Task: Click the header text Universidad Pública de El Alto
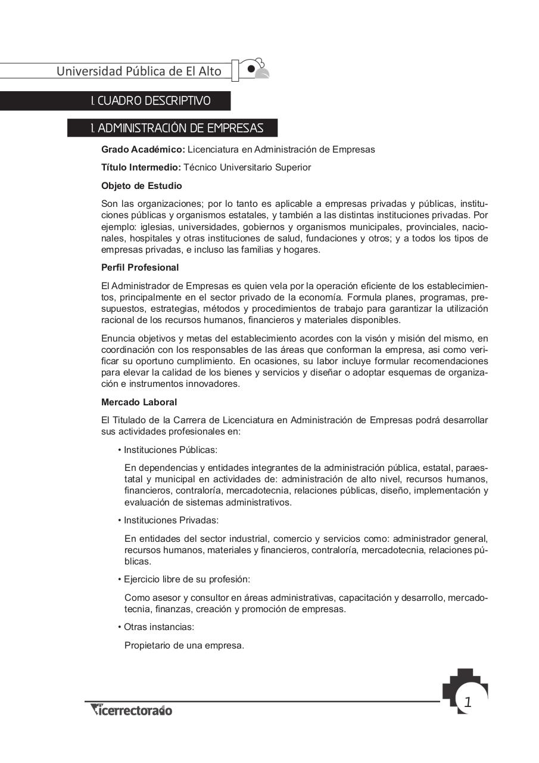point(139,72)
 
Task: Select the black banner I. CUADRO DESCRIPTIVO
point(150,101)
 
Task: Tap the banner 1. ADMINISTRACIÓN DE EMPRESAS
point(176,128)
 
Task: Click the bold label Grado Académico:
point(143,150)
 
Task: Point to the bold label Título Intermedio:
point(141,168)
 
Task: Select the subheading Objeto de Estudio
point(141,186)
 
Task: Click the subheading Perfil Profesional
point(139,268)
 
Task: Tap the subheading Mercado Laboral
point(139,402)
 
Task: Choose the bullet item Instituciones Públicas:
point(170,450)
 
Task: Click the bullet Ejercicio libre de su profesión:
point(186,579)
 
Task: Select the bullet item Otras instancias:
point(158,627)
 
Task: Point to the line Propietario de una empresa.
point(184,645)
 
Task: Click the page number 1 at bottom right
point(468,702)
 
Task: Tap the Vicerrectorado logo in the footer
point(132,710)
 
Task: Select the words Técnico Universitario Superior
point(247,168)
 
